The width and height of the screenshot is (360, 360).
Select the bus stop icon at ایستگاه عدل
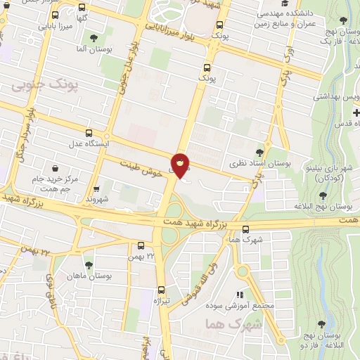pos(89,133)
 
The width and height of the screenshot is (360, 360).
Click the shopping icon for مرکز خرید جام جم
pos(55,168)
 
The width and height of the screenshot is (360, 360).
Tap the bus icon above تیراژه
pos(162,290)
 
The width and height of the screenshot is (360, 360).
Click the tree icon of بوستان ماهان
pos(89,265)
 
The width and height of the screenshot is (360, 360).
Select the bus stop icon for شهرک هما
pos(245,229)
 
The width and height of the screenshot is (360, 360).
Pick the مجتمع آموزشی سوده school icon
pos(240,295)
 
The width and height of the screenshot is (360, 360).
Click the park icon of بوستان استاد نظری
pos(260,152)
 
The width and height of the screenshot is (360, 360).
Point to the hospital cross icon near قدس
pos(356,113)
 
